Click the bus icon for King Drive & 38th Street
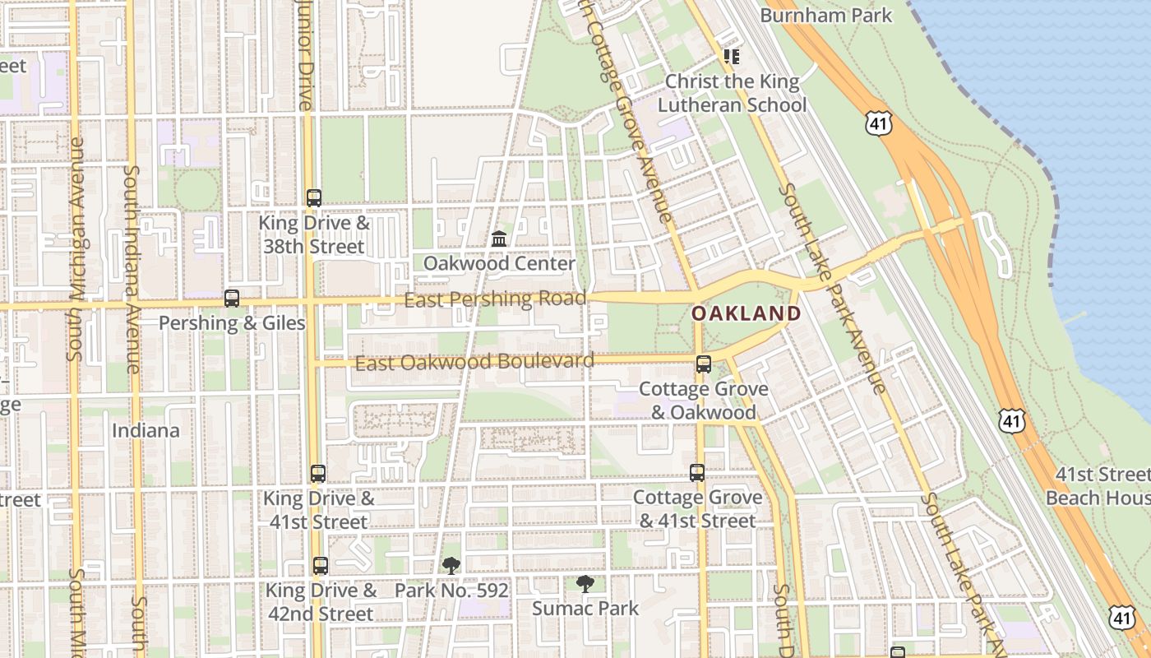tap(314, 198)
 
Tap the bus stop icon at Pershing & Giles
tap(232, 299)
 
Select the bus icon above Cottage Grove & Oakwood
tap(704, 364)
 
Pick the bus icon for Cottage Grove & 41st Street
tap(697, 473)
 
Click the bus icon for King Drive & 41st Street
tap(318, 474)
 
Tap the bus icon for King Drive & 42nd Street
tap(321, 566)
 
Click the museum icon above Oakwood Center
tap(498, 239)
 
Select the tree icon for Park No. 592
tap(451, 565)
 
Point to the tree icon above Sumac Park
tap(585, 584)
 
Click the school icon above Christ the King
tap(732, 57)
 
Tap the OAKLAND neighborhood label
tap(746, 313)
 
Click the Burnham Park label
tap(825, 15)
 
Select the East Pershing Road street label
tap(495, 299)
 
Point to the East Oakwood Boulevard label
tap(474, 362)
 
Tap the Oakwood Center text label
tap(499, 263)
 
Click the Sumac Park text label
tap(585, 609)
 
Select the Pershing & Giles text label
tap(232, 323)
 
